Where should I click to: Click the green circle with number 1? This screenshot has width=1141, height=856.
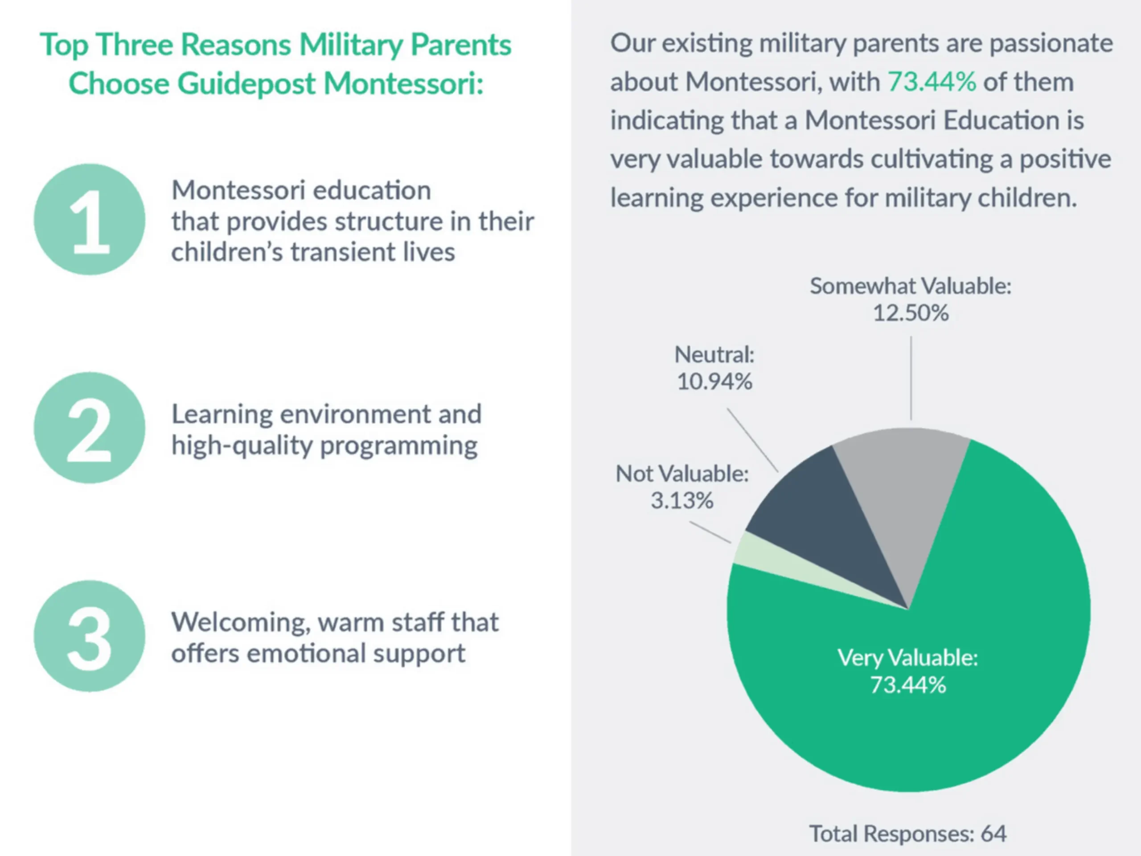click(x=90, y=220)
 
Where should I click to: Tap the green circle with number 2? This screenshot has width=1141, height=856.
click(x=90, y=428)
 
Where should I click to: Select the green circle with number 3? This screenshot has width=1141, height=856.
click(x=90, y=636)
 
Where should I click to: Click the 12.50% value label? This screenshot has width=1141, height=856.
click(x=911, y=313)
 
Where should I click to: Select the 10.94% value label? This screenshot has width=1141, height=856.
click(x=714, y=382)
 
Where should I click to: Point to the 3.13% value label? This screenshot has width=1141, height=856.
click(x=682, y=501)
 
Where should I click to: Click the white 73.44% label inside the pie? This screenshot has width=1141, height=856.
click(x=908, y=685)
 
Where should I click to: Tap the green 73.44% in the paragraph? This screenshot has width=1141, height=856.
click(x=932, y=82)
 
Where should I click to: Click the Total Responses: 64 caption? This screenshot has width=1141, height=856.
click(x=907, y=833)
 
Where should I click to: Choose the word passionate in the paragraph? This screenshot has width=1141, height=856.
click(x=1051, y=43)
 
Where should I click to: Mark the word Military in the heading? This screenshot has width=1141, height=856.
click(x=351, y=45)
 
